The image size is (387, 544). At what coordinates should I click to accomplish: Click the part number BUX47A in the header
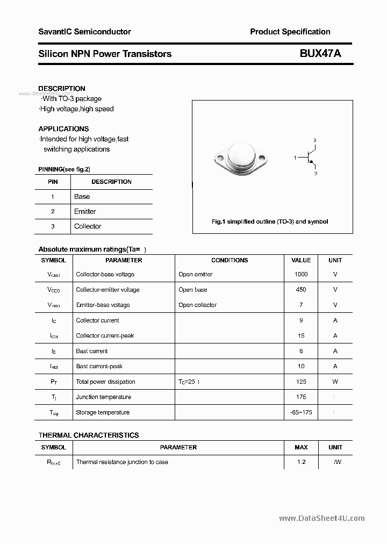click(x=320, y=53)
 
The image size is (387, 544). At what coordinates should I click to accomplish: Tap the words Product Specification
click(x=290, y=32)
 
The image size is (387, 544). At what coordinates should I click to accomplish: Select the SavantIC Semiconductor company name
click(x=84, y=32)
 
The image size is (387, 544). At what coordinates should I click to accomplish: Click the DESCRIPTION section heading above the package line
click(x=62, y=89)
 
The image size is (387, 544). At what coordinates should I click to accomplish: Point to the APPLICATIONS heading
click(x=63, y=129)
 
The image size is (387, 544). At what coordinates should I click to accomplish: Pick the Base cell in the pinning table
click(x=82, y=197)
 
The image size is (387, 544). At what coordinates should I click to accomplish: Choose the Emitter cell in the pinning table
click(x=85, y=212)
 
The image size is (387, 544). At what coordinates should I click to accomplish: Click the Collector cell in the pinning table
click(x=88, y=226)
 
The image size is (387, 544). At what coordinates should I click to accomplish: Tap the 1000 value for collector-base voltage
click(x=301, y=274)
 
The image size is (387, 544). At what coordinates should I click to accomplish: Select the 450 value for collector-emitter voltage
click(x=301, y=290)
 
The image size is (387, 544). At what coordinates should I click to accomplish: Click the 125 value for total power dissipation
click(x=301, y=382)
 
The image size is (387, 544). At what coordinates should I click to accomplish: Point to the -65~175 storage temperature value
click(x=301, y=412)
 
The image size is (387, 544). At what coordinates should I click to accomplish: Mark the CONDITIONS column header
click(x=230, y=260)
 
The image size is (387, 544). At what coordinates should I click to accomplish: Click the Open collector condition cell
click(x=197, y=305)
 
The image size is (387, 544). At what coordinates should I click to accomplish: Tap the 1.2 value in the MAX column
click(x=301, y=462)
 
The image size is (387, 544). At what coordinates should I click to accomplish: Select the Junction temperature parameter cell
click(x=104, y=397)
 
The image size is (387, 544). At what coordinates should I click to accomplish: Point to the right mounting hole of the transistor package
click(x=263, y=159)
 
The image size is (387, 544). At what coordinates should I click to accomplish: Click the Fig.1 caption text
click(x=270, y=221)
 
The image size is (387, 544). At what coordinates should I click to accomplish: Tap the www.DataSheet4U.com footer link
click(x=322, y=518)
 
